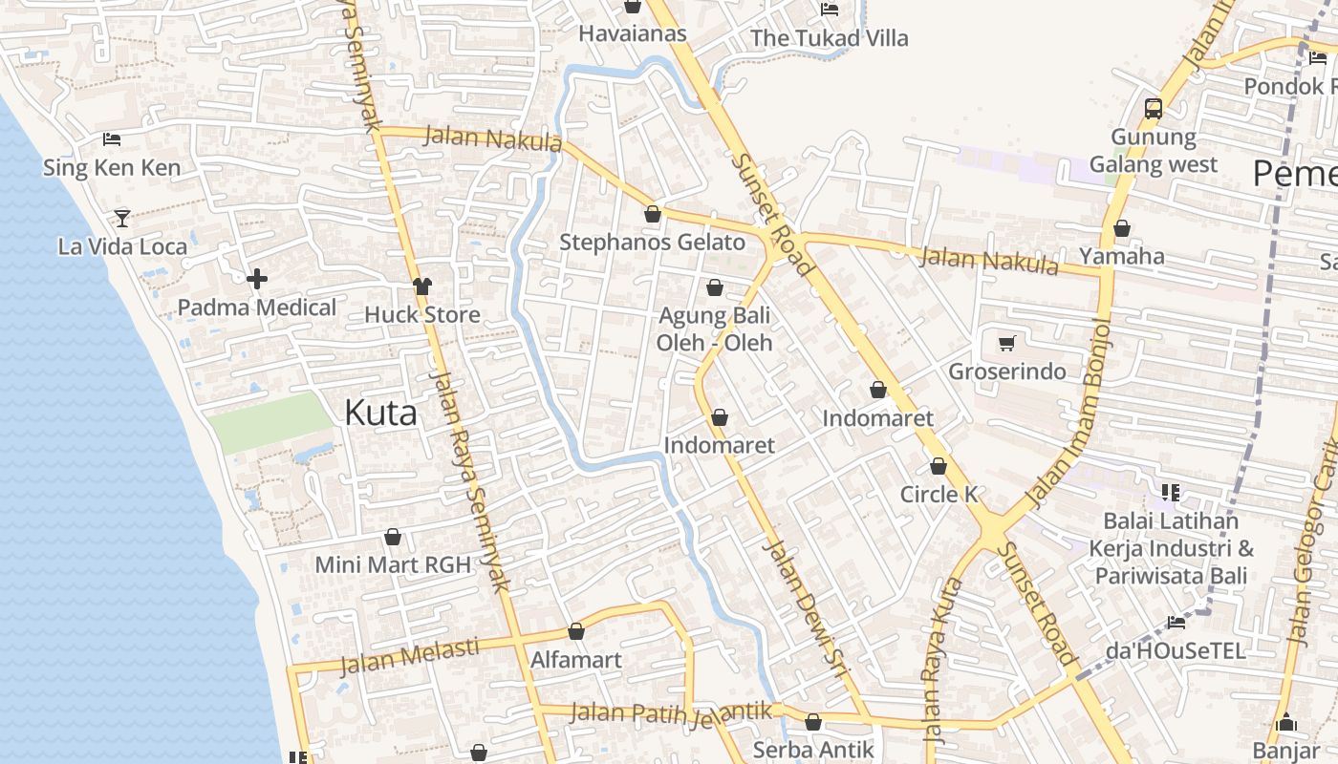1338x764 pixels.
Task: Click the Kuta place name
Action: (x=380, y=414)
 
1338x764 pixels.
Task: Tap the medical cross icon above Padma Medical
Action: (x=256, y=279)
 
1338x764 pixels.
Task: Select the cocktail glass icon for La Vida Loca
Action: (x=122, y=218)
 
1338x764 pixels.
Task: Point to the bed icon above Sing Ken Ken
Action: (x=112, y=139)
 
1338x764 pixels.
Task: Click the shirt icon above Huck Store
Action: (x=422, y=286)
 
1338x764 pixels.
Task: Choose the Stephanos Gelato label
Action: (x=652, y=243)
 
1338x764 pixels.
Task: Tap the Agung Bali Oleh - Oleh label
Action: (x=714, y=329)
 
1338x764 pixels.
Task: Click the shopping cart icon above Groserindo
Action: (x=1006, y=343)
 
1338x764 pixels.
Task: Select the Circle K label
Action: (x=939, y=495)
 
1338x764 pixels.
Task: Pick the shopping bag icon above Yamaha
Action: (x=1122, y=228)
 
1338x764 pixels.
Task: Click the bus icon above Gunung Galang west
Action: (x=1154, y=108)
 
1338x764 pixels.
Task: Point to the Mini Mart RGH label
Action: (x=393, y=564)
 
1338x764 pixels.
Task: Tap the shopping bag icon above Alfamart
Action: (x=576, y=631)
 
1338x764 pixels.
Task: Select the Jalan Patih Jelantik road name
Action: (x=671, y=712)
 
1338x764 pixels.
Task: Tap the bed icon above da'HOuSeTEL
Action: (x=1176, y=623)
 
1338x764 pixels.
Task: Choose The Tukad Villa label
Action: (x=829, y=38)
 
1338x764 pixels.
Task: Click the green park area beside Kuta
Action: (x=270, y=421)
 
